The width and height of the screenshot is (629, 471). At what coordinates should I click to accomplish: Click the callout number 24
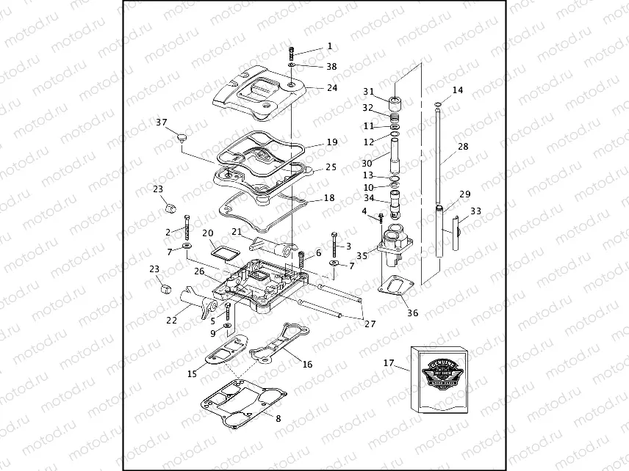(x=332, y=87)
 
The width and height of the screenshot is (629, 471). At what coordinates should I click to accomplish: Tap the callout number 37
(x=161, y=122)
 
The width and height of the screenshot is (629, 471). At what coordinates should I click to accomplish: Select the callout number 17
(x=389, y=362)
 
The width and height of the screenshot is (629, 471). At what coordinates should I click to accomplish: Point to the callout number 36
(x=413, y=313)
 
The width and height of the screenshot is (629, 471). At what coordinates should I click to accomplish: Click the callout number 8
(x=277, y=418)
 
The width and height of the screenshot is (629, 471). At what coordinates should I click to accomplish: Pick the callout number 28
(x=463, y=147)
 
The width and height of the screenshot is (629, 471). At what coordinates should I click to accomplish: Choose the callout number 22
(x=172, y=320)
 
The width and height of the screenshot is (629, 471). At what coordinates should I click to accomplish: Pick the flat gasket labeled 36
(x=396, y=286)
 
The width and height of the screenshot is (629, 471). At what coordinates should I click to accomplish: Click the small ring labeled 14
(x=439, y=104)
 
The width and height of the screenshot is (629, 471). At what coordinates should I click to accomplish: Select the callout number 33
(x=476, y=211)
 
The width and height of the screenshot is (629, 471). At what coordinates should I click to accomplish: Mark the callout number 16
(x=308, y=364)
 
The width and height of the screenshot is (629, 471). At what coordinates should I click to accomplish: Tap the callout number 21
(x=237, y=232)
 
